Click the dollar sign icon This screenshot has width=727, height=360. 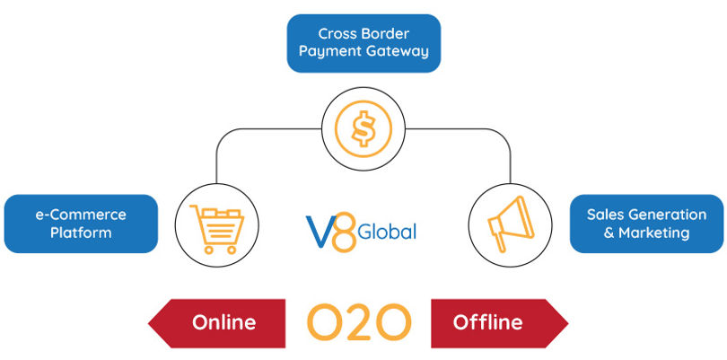coord(363,129)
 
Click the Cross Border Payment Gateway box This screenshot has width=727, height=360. coord(363,42)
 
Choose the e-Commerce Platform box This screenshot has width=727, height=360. coord(81,224)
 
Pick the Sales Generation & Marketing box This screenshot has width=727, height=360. coord(646,224)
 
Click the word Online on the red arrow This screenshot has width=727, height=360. coord(223,322)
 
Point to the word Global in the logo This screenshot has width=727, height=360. coord(386,233)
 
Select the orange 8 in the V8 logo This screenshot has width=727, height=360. coord(342,228)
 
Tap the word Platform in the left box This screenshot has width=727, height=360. coord(81,233)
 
